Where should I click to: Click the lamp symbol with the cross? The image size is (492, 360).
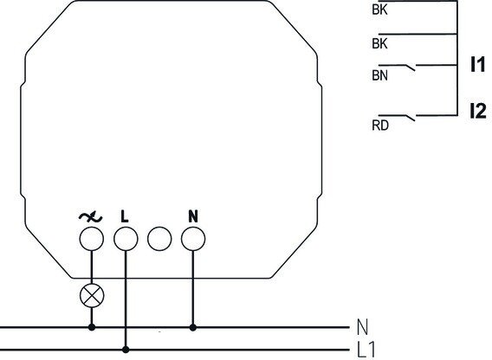pyautogui.click(x=92, y=296)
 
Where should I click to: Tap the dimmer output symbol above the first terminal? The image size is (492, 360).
pyautogui.click(x=90, y=217)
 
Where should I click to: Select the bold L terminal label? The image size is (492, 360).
pyautogui.click(x=125, y=216)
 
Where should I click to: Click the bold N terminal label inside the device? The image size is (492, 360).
pyautogui.click(x=193, y=216)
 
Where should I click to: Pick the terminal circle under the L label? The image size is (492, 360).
pyautogui.click(x=126, y=239)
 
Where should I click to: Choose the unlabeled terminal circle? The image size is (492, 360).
pyautogui.click(x=159, y=239)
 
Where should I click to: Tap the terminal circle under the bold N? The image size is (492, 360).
pyautogui.click(x=193, y=239)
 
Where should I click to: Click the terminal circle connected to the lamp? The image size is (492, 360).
pyautogui.click(x=91, y=239)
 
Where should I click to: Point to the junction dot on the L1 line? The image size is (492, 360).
pyautogui.click(x=126, y=350)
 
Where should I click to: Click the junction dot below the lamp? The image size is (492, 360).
pyautogui.click(x=92, y=327)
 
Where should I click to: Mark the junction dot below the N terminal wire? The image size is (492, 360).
pyautogui.click(x=193, y=327)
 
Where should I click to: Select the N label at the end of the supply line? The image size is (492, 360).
pyautogui.click(x=362, y=327)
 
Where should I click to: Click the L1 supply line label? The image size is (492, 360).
pyautogui.click(x=366, y=349)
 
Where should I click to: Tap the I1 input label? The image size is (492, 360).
pyautogui.click(x=477, y=64)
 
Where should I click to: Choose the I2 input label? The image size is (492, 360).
pyautogui.click(x=478, y=111)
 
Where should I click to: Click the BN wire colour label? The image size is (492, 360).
pyautogui.click(x=380, y=75)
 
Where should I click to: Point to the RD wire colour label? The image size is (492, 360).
pyautogui.click(x=380, y=125)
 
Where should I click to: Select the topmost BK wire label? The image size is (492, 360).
pyautogui.click(x=379, y=10)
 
